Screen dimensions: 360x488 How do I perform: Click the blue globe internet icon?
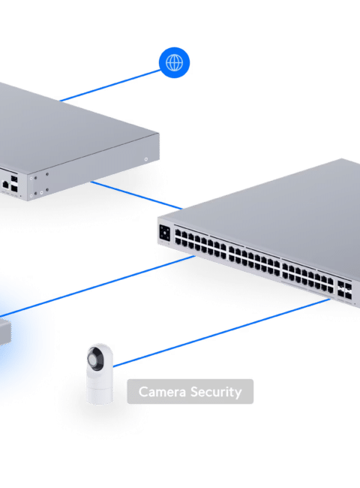[174, 62]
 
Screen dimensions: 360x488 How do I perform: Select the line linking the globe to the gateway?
[110, 86]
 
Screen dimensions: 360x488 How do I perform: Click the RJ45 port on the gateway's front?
[5, 184]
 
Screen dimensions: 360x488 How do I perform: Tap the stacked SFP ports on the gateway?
[14, 183]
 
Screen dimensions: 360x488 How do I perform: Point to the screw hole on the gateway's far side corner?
[146, 159]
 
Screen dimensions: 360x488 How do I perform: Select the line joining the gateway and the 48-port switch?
[136, 195]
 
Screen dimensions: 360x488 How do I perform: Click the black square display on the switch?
[165, 233]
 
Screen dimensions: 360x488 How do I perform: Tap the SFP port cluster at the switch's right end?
[344, 290]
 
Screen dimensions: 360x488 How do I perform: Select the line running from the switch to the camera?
[222, 333]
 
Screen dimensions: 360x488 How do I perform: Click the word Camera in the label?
[162, 391]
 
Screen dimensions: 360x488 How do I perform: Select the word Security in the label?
[216, 392]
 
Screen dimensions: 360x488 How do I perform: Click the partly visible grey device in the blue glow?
[5, 331]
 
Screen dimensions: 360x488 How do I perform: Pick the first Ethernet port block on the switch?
[200, 244]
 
